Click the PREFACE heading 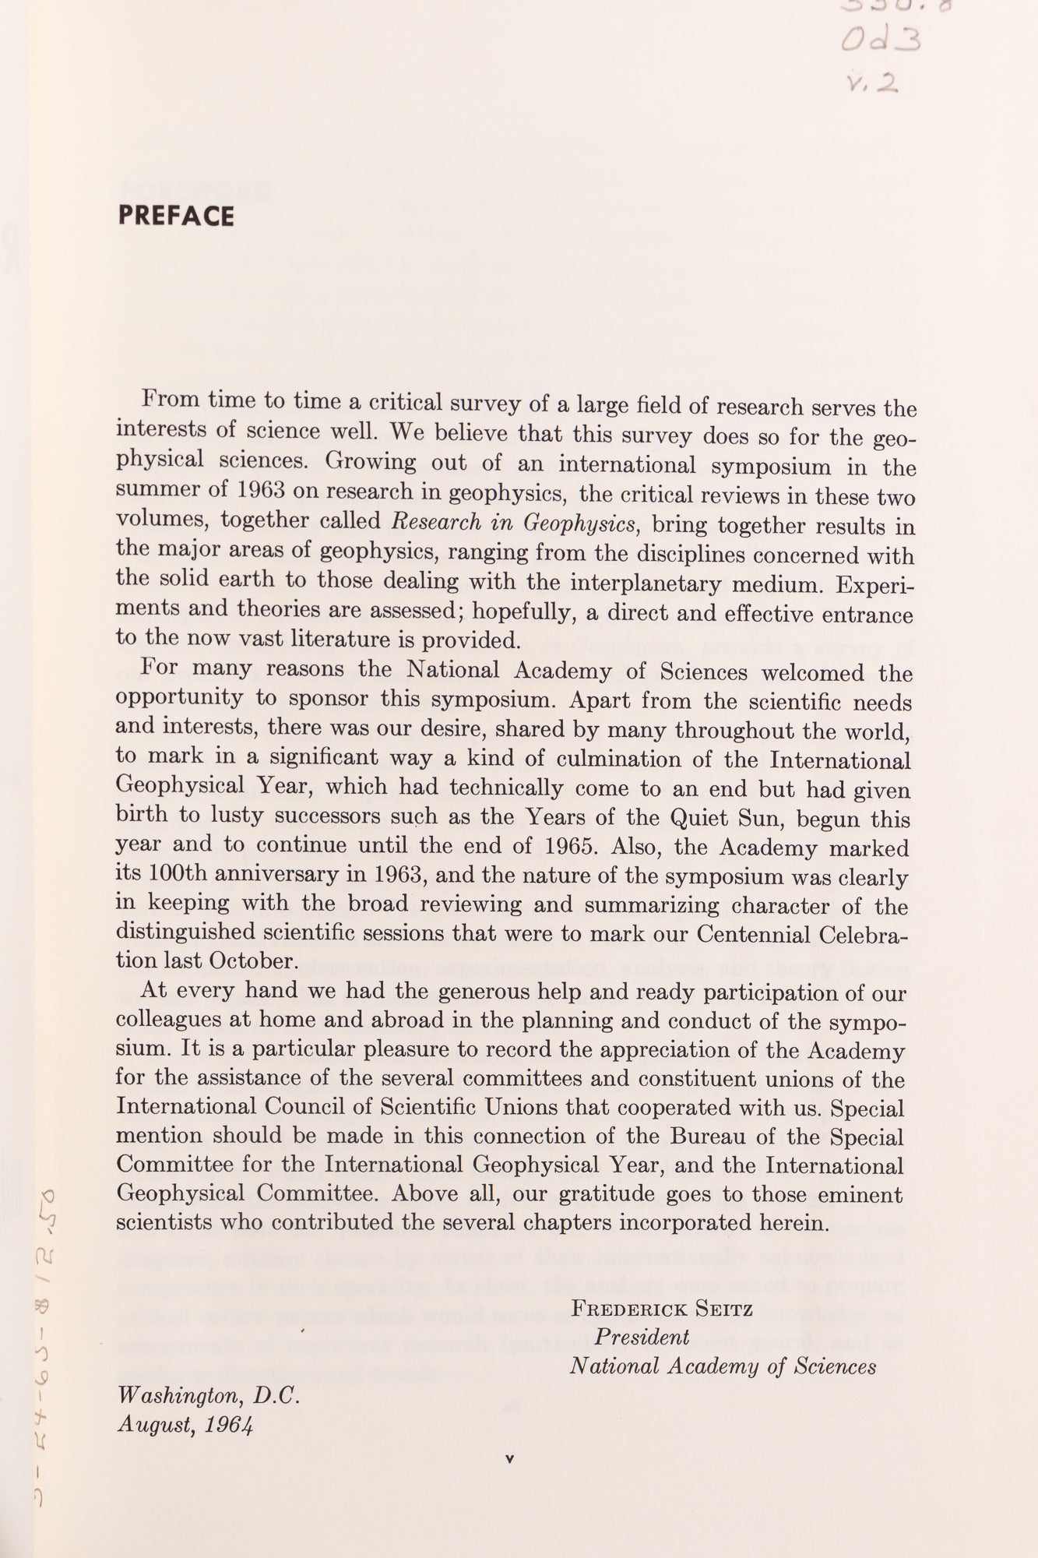(x=176, y=216)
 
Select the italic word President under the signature (x=642, y=1337)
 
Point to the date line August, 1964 (x=185, y=1425)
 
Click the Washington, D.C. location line (x=208, y=1397)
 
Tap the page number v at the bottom (x=510, y=1459)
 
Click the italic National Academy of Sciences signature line (x=723, y=1366)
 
